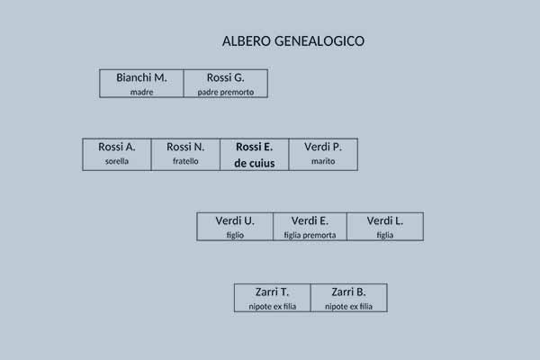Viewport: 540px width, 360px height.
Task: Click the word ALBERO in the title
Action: pyautogui.click(x=247, y=41)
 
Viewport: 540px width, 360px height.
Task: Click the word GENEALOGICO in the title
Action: pyautogui.click(x=319, y=41)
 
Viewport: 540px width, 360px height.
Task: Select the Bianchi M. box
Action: pyautogui.click(x=141, y=84)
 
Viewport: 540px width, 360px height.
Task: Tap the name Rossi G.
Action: pyautogui.click(x=226, y=78)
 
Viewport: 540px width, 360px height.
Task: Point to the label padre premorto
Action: pyautogui.click(x=226, y=92)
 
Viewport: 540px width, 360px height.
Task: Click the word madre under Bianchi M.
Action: pyautogui.click(x=141, y=92)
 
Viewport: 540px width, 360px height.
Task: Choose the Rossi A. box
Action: pyautogui.click(x=117, y=154)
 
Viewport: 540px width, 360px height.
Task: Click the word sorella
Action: pyautogui.click(x=117, y=161)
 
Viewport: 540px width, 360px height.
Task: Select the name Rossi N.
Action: pyautogui.click(x=185, y=147)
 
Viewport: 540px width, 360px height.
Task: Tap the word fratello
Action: pyautogui.click(x=185, y=161)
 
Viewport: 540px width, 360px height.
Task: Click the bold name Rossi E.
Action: pyautogui.click(x=254, y=147)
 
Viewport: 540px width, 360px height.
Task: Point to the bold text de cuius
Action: pyautogui.click(x=254, y=163)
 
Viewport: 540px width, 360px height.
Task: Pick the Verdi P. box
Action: pyautogui.click(x=323, y=154)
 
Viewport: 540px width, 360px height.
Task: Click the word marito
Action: pyautogui.click(x=323, y=161)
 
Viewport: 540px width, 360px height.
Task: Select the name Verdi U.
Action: pyautogui.click(x=235, y=220)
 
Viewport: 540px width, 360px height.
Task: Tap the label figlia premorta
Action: pyautogui.click(x=310, y=235)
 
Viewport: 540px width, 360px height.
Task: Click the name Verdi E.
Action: pyautogui.click(x=310, y=220)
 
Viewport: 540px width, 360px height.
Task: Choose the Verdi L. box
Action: pyautogui.click(x=385, y=226)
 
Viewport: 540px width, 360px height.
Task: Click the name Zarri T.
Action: pyautogui.click(x=272, y=292)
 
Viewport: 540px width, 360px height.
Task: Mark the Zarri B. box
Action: pyautogui.click(x=349, y=298)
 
